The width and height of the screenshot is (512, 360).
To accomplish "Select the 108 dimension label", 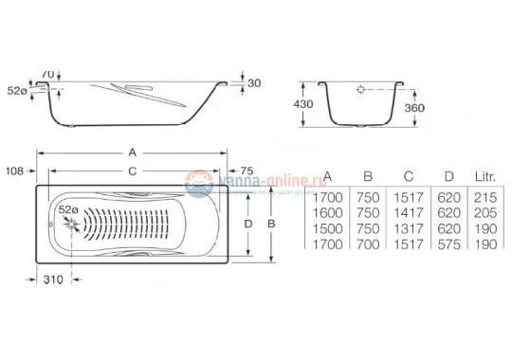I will [14, 171].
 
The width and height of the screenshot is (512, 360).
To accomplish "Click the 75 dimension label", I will [247, 171].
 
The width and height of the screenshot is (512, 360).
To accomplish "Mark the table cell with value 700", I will [365, 244].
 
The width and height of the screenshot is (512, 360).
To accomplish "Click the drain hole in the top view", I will [68, 224].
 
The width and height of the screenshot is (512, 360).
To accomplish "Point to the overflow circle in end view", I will [361, 92].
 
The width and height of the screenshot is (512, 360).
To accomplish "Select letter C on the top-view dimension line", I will [132, 171].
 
